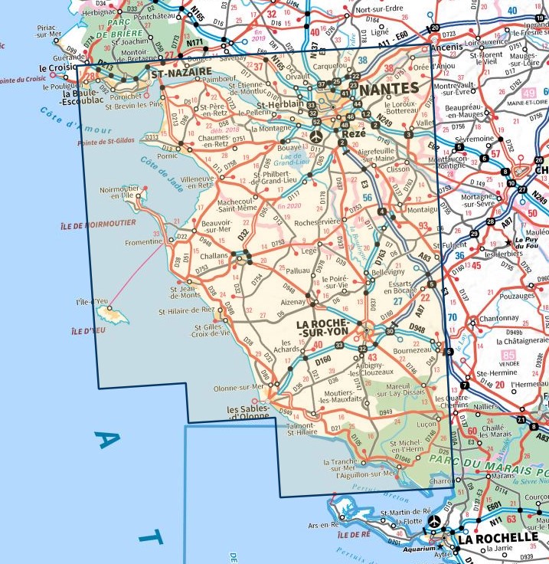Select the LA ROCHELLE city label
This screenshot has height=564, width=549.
tap(498, 538)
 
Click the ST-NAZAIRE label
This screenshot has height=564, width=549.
tap(181, 74)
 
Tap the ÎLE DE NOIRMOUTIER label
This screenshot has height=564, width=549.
tap(99, 223)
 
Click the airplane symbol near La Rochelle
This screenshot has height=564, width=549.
tap(435, 521)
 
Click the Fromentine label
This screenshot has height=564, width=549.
tap(144, 242)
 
